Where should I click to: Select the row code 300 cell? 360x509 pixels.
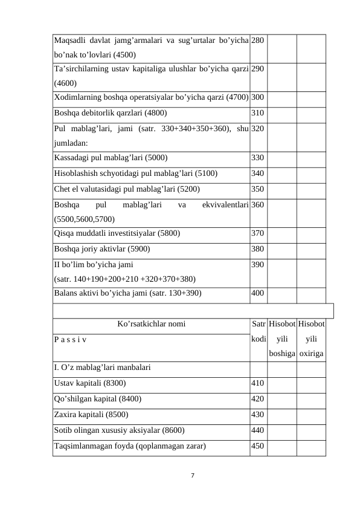[x=258, y=97]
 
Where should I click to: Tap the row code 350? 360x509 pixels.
[x=258, y=188]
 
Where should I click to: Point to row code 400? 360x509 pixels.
[x=258, y=294]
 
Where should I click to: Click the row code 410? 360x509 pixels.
[x=258, y=383]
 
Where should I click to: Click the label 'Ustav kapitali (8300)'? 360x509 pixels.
[x=90, y=383]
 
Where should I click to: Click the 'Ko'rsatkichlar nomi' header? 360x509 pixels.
[x=151, y=324]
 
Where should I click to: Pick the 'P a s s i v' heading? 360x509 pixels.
[x=70, y=340]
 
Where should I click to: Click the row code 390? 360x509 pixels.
[x=258, y=264]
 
